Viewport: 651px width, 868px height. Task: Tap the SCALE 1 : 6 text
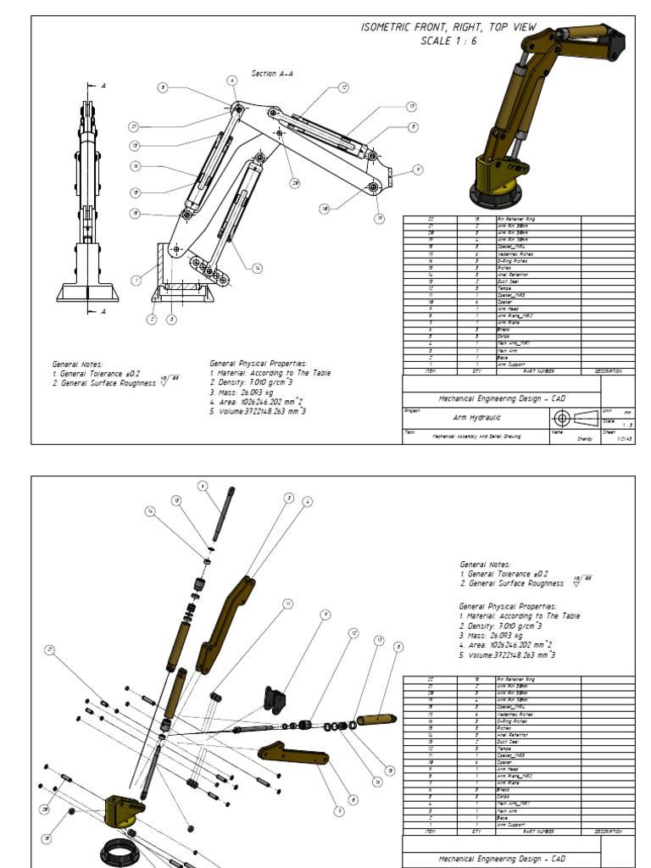[448, 42]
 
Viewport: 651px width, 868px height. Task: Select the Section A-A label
[272, 74]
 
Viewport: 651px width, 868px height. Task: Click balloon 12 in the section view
[343, 87]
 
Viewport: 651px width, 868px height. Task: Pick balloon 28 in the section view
[296, 182]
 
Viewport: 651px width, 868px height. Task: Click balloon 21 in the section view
[134, 126]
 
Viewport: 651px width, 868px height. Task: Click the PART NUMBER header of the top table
[535, 370]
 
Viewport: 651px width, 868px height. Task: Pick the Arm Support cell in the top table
[509, 364]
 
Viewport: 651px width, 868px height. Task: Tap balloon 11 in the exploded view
[288, 604]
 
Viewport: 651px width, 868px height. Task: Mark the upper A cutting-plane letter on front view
[103, 86]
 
